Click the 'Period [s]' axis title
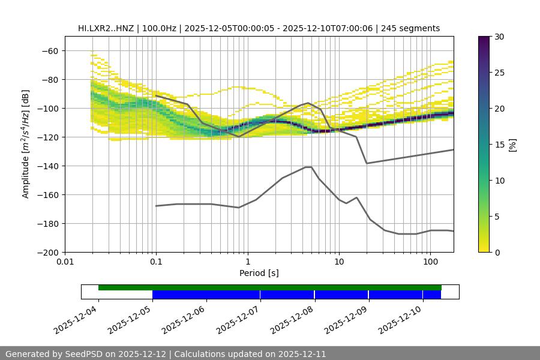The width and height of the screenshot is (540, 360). coord(259,274)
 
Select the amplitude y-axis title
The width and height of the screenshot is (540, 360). coord(26,144)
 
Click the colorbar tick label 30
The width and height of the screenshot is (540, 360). coord(499,37)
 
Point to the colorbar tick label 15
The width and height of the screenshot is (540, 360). coord(499,145)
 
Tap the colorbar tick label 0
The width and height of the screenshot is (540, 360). coord(496,252)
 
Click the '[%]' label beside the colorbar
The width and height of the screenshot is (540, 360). coord(512,145)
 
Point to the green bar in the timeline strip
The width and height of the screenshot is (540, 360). coord(270,287)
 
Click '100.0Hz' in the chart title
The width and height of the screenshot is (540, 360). coord(159,28)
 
